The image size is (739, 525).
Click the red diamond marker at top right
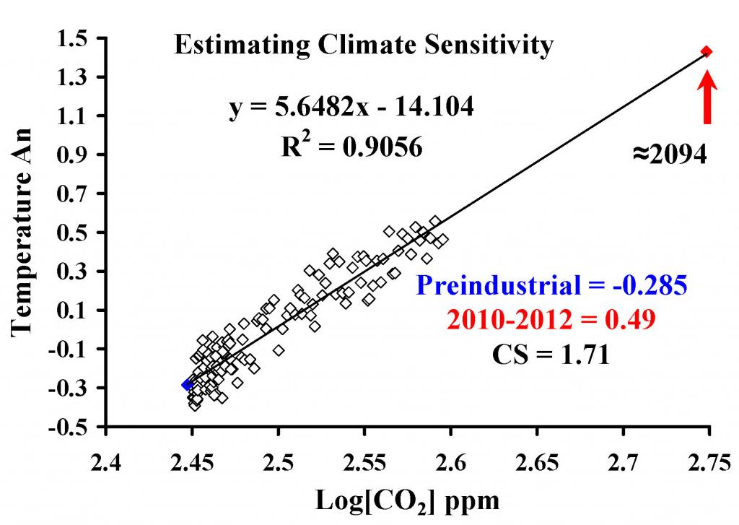pos(707,51)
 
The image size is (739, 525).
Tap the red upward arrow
pos(708,97)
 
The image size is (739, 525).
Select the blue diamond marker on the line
pos(187,385)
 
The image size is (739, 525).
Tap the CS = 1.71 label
pos(552,355)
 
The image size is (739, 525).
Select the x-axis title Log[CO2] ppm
pos(408,500)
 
